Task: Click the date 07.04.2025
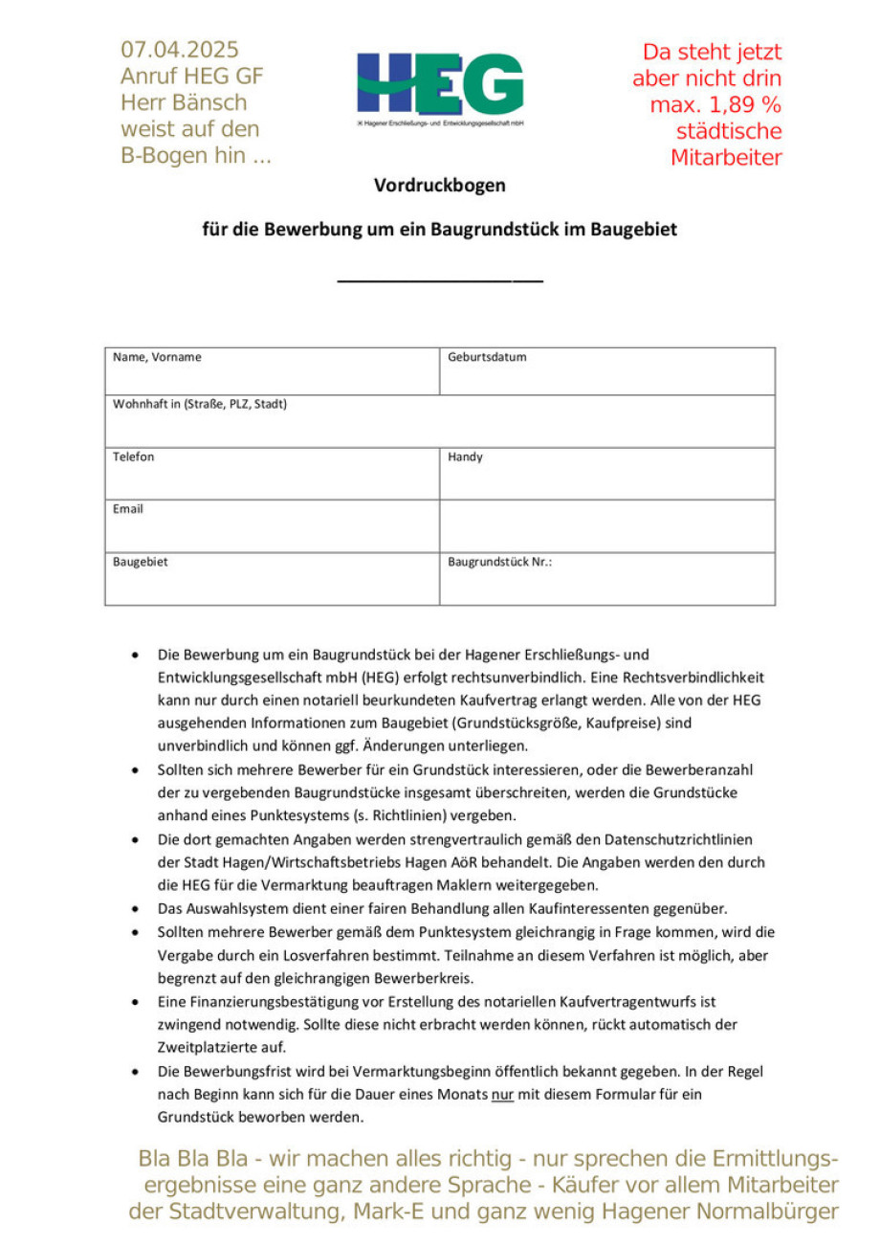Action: [x=180, y=50]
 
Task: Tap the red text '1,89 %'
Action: [x=747, y=105]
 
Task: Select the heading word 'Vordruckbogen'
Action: [x=439, y=186]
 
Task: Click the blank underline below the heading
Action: [x=440, y=279]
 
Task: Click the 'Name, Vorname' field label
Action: [x=157, y=358]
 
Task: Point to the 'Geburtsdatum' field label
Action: [x=487, y=358]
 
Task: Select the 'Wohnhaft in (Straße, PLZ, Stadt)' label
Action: [x=200, y=405]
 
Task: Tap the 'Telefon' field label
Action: [x=134, y=457]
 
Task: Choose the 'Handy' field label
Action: [x=466, y=457]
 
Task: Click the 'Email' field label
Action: [x=128, y=509]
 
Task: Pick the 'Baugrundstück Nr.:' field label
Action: [x=499, y=563]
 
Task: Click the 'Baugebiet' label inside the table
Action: [x=141, y=563]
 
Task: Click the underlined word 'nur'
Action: [x=503, y=1093]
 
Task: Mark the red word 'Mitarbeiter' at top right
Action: [x=726, y=159]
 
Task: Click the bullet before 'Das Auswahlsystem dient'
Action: [x=137, y=909]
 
